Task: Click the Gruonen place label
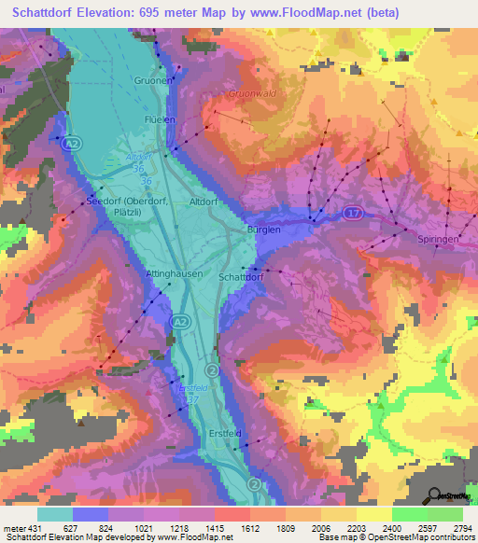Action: pyautogui.click(x=152, y=80)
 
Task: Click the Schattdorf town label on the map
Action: pyautogui.click(x=242, y=277)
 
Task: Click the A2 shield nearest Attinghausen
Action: pyautogui.click(x=177, y=321)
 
